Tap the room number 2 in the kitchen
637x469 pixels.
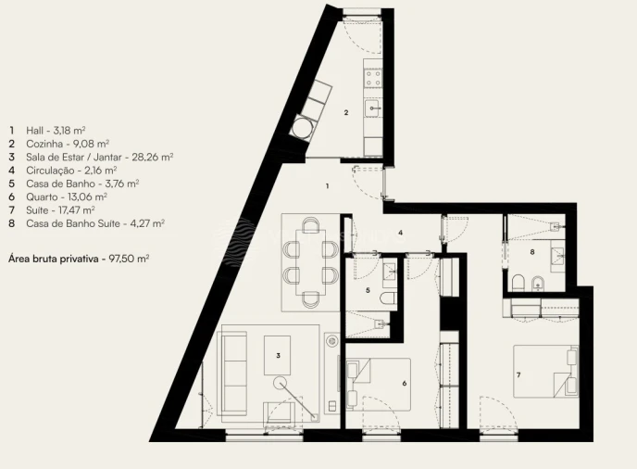click(345, 113)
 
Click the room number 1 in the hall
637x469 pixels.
click(327, 186)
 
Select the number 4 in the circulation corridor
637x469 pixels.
click(400, 233)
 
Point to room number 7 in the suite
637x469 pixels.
click(518, 374)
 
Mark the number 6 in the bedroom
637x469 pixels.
click(404, 383)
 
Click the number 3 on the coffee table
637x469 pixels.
click(278, 354)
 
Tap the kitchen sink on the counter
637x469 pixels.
click(372, 109)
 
